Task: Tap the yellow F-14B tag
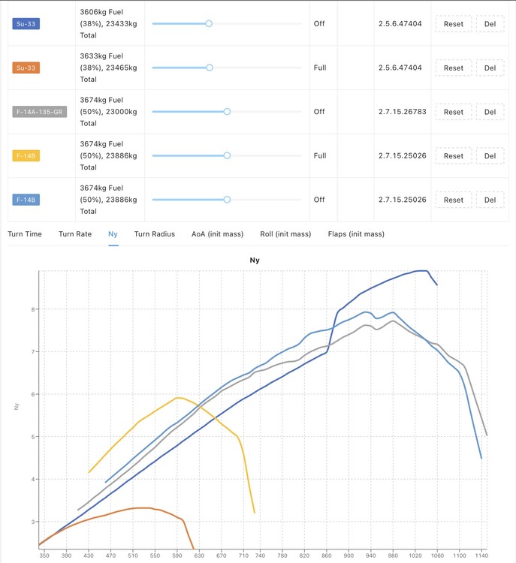26,156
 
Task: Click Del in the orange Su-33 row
490,68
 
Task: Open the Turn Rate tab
75,234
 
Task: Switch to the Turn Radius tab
155,234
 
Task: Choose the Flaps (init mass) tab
356,234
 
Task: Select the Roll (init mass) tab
285,234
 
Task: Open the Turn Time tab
25,234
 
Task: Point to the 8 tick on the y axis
33,309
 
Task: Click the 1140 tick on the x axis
481,555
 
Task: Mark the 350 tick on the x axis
44,555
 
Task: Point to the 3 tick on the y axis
33,522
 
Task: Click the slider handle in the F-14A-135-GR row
227,112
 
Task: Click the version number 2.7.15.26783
402,112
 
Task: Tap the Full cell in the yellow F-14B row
320,156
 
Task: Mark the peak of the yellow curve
179,397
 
